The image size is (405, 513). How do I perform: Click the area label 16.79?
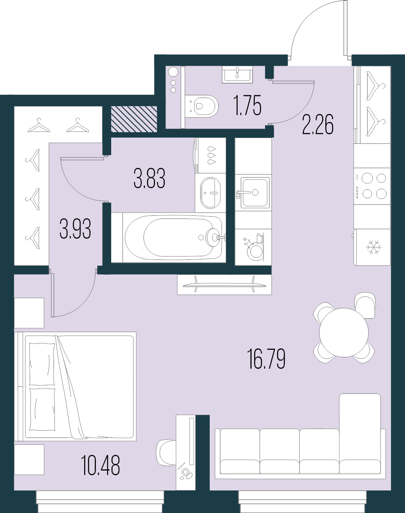pyautogui.click(x=267, y=359)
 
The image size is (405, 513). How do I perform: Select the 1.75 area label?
pyautogui.click(x=248, y=106)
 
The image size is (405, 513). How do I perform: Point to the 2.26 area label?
pyautogui.click(x=318, y=125)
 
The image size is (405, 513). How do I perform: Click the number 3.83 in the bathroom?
pyautogui.click(x=149, y=178)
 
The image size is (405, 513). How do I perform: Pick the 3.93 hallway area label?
pyautogui.click(x=75, y=229)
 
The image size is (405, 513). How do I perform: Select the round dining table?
pyautogui.click(x=344, y=333)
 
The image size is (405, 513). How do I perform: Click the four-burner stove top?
pyautogui.click(x=372, y=186)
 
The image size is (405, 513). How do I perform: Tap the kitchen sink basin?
pyautogui.click(x=255, y=192)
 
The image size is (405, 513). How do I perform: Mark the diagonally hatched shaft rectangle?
pyautogui.click(x=134, y=119)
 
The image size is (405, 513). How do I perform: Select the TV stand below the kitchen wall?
pyautogui.click(x=224, y=285)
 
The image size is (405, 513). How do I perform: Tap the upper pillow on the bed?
pyautogui.click(x=42, y=364)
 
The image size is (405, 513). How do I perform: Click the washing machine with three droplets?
pyautogui.click(x=211, y=155)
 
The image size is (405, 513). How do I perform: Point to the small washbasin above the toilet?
pyautogui.click(x=237, y=74)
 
